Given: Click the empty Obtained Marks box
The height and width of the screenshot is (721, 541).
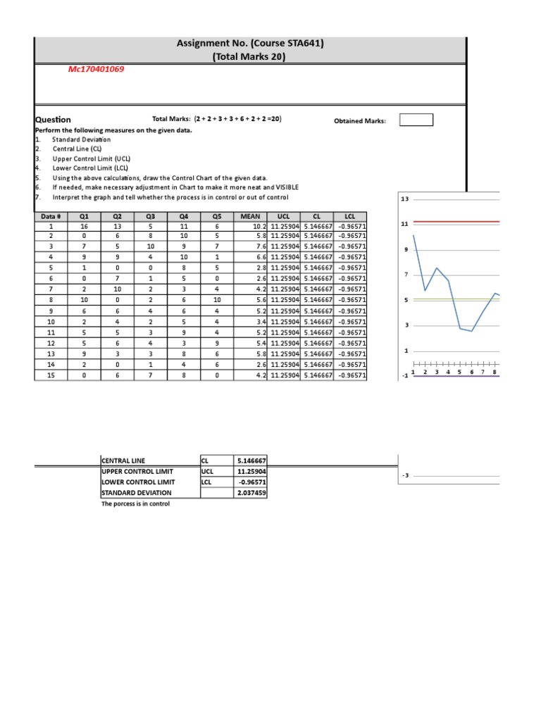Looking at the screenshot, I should pyautogui.click(x=416, y=120).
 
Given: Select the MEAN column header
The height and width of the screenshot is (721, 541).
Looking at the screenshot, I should pyautogui.click(x=250, y=217).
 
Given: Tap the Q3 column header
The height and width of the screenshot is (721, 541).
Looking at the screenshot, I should pyautogui.click(x=150, y=217).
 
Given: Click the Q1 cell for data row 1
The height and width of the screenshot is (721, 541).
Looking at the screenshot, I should pyautogui.click(x=84, y=227).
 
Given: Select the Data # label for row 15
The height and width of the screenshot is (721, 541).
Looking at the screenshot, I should pyautogui.click(x=51, y=375).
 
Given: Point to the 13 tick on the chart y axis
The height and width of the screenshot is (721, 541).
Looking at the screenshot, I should pyautogui.click(x=404, y=200).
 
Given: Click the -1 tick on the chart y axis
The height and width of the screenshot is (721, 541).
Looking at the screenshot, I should pyautogui.click(x=404, y=376).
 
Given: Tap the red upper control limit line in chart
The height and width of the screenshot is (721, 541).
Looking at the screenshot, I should pyautogui.click(x=458, y=222).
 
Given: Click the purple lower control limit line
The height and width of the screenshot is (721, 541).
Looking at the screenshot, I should pyautogui.click(x=458, y=376).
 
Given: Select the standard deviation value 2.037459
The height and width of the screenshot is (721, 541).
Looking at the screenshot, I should pyautogui.click(x=251, y=494).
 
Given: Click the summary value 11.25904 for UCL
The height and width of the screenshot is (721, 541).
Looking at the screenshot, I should pyautogui.click(x=251, y=472).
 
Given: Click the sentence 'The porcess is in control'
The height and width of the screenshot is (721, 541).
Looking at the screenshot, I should pyautogui.click(x=136, y=504).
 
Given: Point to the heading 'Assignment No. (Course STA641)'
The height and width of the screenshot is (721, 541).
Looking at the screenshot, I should pyautogui.click(x=250, y=44).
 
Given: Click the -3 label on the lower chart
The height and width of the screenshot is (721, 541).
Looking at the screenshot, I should pyautogui.click(x=406, y=476).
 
